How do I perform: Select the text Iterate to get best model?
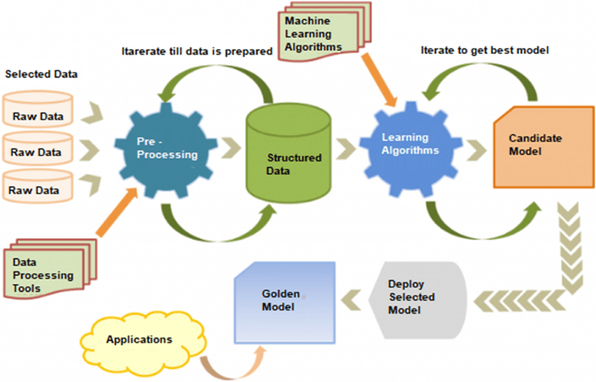pyautogui.click(x=484, y=51)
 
